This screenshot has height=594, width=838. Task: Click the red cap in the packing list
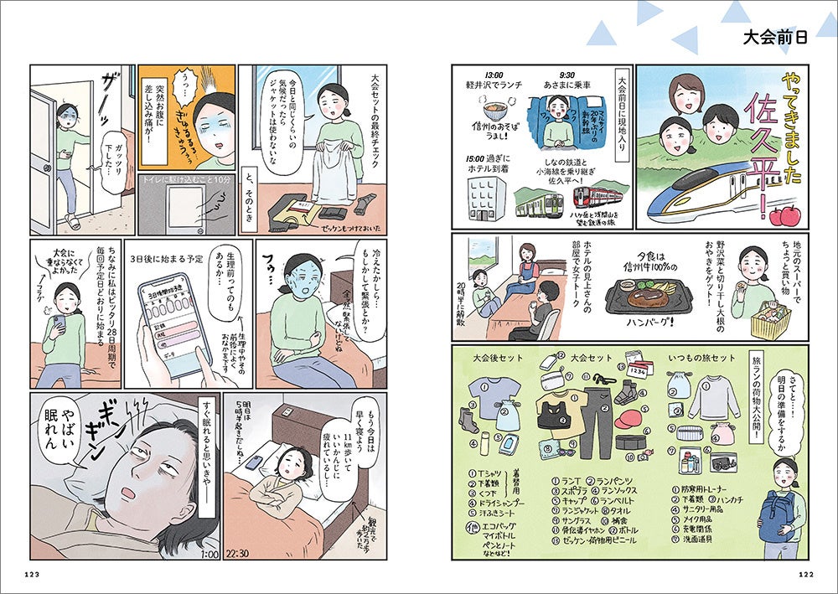pyautogui.click(x=631, y=416)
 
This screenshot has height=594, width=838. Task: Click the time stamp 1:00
pyautogui.click(x=210, y=551)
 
